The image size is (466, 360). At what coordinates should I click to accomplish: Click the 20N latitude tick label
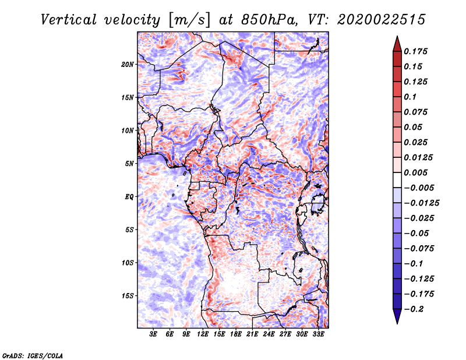(x=128, y=65)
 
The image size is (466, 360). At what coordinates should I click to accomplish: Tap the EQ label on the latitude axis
(x=129, y=197)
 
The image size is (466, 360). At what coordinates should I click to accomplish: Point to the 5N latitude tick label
(x=129, y=164)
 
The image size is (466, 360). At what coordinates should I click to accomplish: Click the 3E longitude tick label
(x=153, y=334)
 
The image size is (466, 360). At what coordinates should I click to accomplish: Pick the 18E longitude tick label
(x=236, y=334)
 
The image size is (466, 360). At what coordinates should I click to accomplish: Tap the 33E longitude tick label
(x=318, y=334)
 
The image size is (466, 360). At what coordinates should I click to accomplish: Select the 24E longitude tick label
(x=269, y=334)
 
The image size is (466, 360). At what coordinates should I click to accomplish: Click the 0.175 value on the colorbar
(x=415, y=51)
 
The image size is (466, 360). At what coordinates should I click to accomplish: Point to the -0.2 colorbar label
(x=414, y=309)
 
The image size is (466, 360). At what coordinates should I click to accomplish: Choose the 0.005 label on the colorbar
(x=415, y=172)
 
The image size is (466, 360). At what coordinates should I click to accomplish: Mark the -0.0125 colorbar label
(x=421, y=203)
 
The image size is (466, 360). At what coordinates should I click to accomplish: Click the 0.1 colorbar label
(x=410, y=97)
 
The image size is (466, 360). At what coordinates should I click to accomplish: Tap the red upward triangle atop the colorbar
(x=397, y=44)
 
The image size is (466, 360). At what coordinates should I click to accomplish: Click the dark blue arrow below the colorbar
(x=397, y=316)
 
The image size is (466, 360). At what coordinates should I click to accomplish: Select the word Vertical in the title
(x=69, y=20)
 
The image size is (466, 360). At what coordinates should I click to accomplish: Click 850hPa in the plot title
(x=269, y=20)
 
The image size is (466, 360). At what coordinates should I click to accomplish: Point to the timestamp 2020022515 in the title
(x=382, y=20)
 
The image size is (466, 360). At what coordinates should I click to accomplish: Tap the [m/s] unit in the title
(x=189, y=20)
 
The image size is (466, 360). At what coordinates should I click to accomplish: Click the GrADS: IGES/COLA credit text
(x=33, y=356)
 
